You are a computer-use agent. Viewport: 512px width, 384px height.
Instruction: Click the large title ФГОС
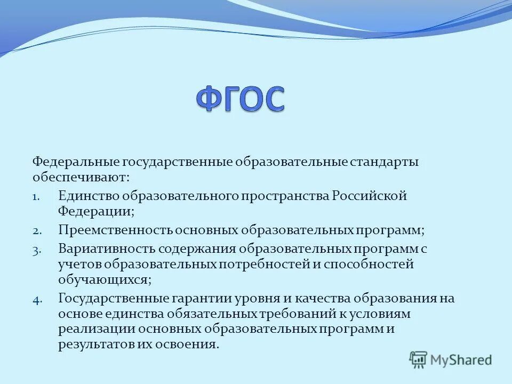pyautogui.click(x=241, y=99)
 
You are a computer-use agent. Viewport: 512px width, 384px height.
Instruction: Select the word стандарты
pyautogui.click(x=384, y=162)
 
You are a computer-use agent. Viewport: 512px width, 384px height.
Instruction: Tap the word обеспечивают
pyautogui.click(x=81, y=177)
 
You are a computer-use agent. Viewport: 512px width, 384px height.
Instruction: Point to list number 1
pyautogui.click(x=36, y=197)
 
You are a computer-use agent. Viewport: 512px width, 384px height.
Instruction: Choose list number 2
pyautogui.click(x=37, y=231)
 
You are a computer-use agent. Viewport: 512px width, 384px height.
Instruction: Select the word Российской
pyautogui.click(x=370, y=196)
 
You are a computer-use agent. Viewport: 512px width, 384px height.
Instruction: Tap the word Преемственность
pyautogui.click(x=115, y=230)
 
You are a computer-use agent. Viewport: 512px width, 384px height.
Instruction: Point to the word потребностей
pyautogui.click(x=264, y=264)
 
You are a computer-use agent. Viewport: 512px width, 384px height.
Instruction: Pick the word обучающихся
pyautogui.click(x=105, y=280)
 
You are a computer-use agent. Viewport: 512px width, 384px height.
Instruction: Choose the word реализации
pyautogui.click(x=97, y=329)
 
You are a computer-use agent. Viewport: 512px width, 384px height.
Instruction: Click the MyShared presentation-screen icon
pyautogui.click(x=418, y=360)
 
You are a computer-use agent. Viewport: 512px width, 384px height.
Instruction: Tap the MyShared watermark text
pyautogui.click(x=461, y=360)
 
